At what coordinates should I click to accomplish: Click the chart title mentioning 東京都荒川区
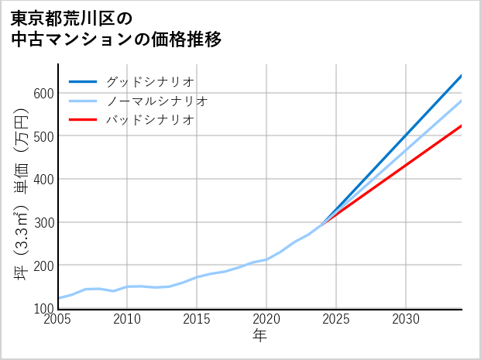(116, 29)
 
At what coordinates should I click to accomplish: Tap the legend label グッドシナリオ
(150, 81)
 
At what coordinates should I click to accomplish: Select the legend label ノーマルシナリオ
(157, 101)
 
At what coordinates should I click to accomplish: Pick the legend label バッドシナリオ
(150, 120)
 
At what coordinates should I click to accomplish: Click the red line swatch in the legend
(83, 120)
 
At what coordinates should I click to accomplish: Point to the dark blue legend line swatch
(83, 81)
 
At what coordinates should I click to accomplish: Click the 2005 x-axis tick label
(58, 319)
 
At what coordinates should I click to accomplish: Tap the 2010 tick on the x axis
(127, 319)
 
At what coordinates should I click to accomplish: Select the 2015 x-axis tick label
(197, 319)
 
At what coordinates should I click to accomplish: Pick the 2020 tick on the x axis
(266, 319)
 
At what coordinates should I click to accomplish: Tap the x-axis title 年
(260, 336)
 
